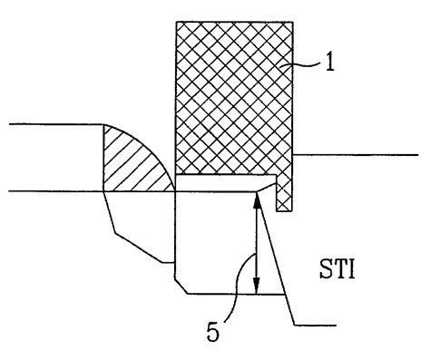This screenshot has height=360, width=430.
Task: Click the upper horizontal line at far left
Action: pyautogui.click(x=50, y=125)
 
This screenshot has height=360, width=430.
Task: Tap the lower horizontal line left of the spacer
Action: pyautogui.click(x=50, y=191)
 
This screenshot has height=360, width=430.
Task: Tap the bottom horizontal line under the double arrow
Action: pyautogui.click(x=227, y=294)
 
